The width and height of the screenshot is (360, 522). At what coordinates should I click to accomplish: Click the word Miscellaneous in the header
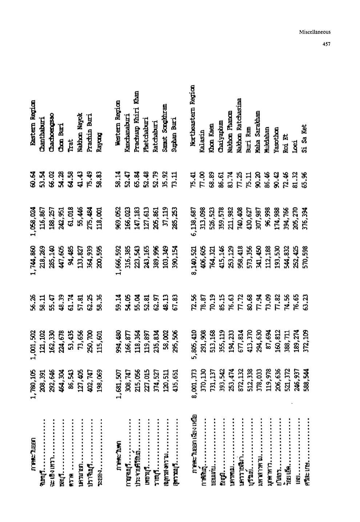coord(315,32)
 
